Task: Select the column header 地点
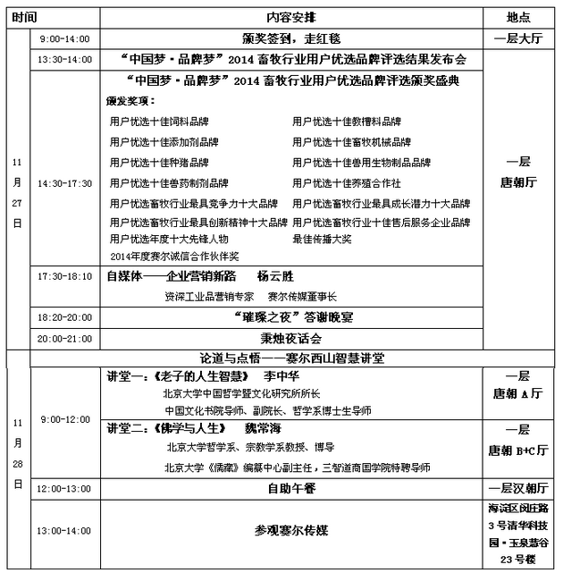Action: (518, 17)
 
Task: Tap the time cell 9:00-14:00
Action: (63, 40)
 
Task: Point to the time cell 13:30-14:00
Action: (63, 61)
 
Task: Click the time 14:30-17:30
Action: (63, 183)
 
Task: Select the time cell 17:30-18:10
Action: (63, 276)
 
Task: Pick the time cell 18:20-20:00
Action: (63, 317)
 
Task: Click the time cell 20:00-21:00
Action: (63, 339)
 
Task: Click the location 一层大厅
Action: (518, 39)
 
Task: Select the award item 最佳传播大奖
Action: (322, 239)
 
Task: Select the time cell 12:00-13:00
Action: (63, 490)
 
